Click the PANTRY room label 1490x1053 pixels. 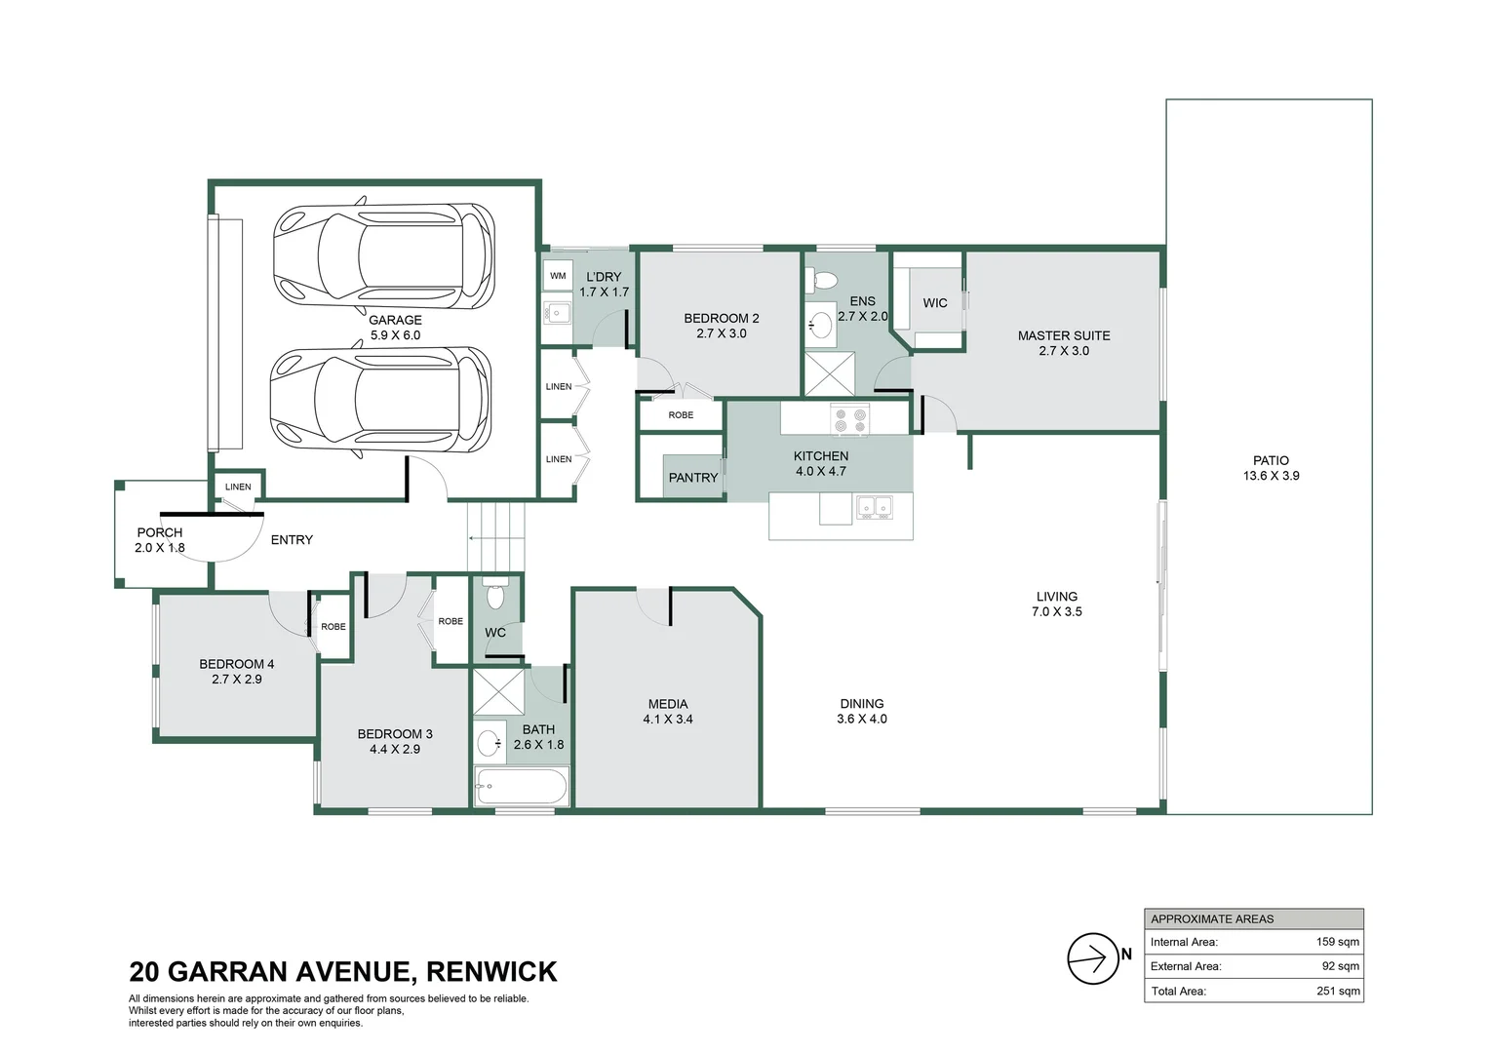point(692,478)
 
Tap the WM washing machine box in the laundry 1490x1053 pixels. point(558,276)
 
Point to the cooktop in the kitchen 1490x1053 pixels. point(849,420)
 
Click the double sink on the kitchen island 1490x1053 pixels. point(874,507)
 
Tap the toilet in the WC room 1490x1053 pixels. point(495,596)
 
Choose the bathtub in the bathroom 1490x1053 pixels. point(521,786)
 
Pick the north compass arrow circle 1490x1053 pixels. point(1092,958)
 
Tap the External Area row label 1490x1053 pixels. point(1185,966)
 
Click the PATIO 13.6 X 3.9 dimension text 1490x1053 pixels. point(1271,476)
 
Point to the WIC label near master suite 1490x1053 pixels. point(935,303)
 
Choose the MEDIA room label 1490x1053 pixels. point(668,704)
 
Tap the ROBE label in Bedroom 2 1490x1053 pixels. point(681,415)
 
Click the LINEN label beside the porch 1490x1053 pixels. point(238,487)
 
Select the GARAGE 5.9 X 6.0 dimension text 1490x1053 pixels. point(395,335)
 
